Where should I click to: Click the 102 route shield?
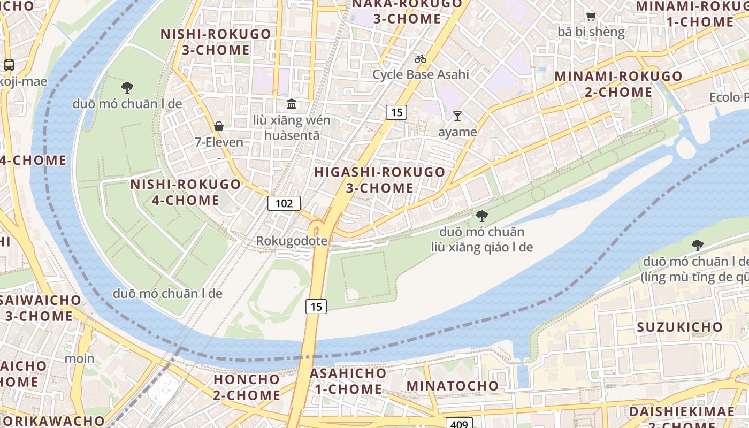(284, 203)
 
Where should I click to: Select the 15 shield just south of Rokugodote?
(316, 307)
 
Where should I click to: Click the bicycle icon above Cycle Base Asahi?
(421, 59)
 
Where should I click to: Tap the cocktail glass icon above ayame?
(457, 116)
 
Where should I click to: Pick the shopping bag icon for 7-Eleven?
(219, 126)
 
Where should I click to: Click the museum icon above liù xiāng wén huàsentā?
(292, 104)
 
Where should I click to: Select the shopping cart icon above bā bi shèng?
(591, 17)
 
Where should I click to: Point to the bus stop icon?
(9, 65)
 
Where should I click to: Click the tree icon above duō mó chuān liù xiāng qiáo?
(481, 216)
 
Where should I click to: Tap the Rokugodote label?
(292, 241)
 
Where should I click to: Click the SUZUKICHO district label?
(679, 327)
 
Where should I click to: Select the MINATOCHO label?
(453, 386)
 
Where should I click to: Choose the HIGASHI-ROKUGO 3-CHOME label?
(380, 180)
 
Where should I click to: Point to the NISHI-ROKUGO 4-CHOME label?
(186, 192)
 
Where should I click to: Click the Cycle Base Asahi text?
(421, 74)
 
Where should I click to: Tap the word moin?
(79, 358)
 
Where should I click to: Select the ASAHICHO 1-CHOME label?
(348, 381)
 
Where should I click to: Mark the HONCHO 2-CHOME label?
(247, 387)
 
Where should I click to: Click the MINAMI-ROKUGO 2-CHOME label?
(618, 84)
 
